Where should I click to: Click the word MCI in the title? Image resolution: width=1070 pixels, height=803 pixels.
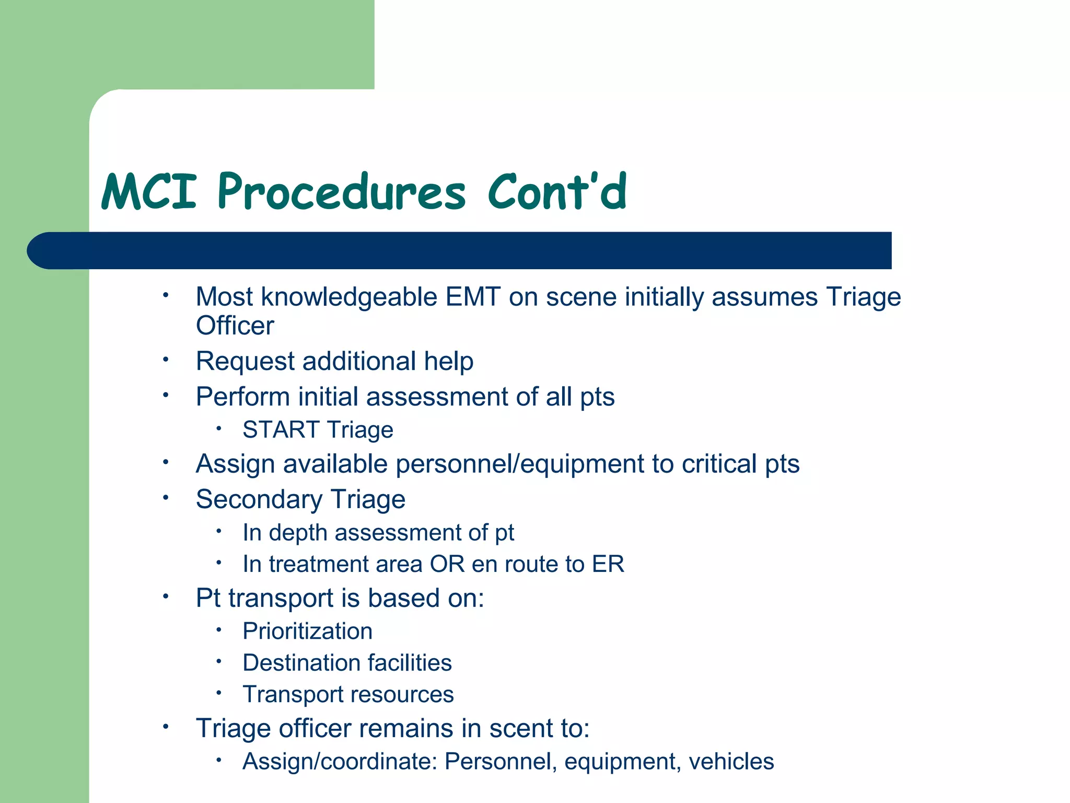(149, 192)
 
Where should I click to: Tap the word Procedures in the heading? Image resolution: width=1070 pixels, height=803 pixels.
(341, 192)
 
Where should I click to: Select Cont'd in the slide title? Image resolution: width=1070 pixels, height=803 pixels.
(556, 192)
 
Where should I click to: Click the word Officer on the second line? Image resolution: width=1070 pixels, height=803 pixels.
(235, 326)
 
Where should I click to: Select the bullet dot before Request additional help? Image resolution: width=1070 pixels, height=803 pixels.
(166, 360)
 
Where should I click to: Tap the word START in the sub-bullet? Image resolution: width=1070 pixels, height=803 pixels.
(281, 430)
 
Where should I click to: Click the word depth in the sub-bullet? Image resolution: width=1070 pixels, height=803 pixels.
(298, 533)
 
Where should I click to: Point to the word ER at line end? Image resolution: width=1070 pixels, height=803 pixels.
(608, 564)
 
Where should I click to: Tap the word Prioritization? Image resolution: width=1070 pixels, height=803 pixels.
(307, 632)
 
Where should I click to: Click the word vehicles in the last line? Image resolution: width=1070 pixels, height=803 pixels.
(731, 762)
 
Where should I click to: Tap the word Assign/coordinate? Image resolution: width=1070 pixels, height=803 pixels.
(340, 762)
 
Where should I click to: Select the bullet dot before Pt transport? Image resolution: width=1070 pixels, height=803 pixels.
(166, 596)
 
